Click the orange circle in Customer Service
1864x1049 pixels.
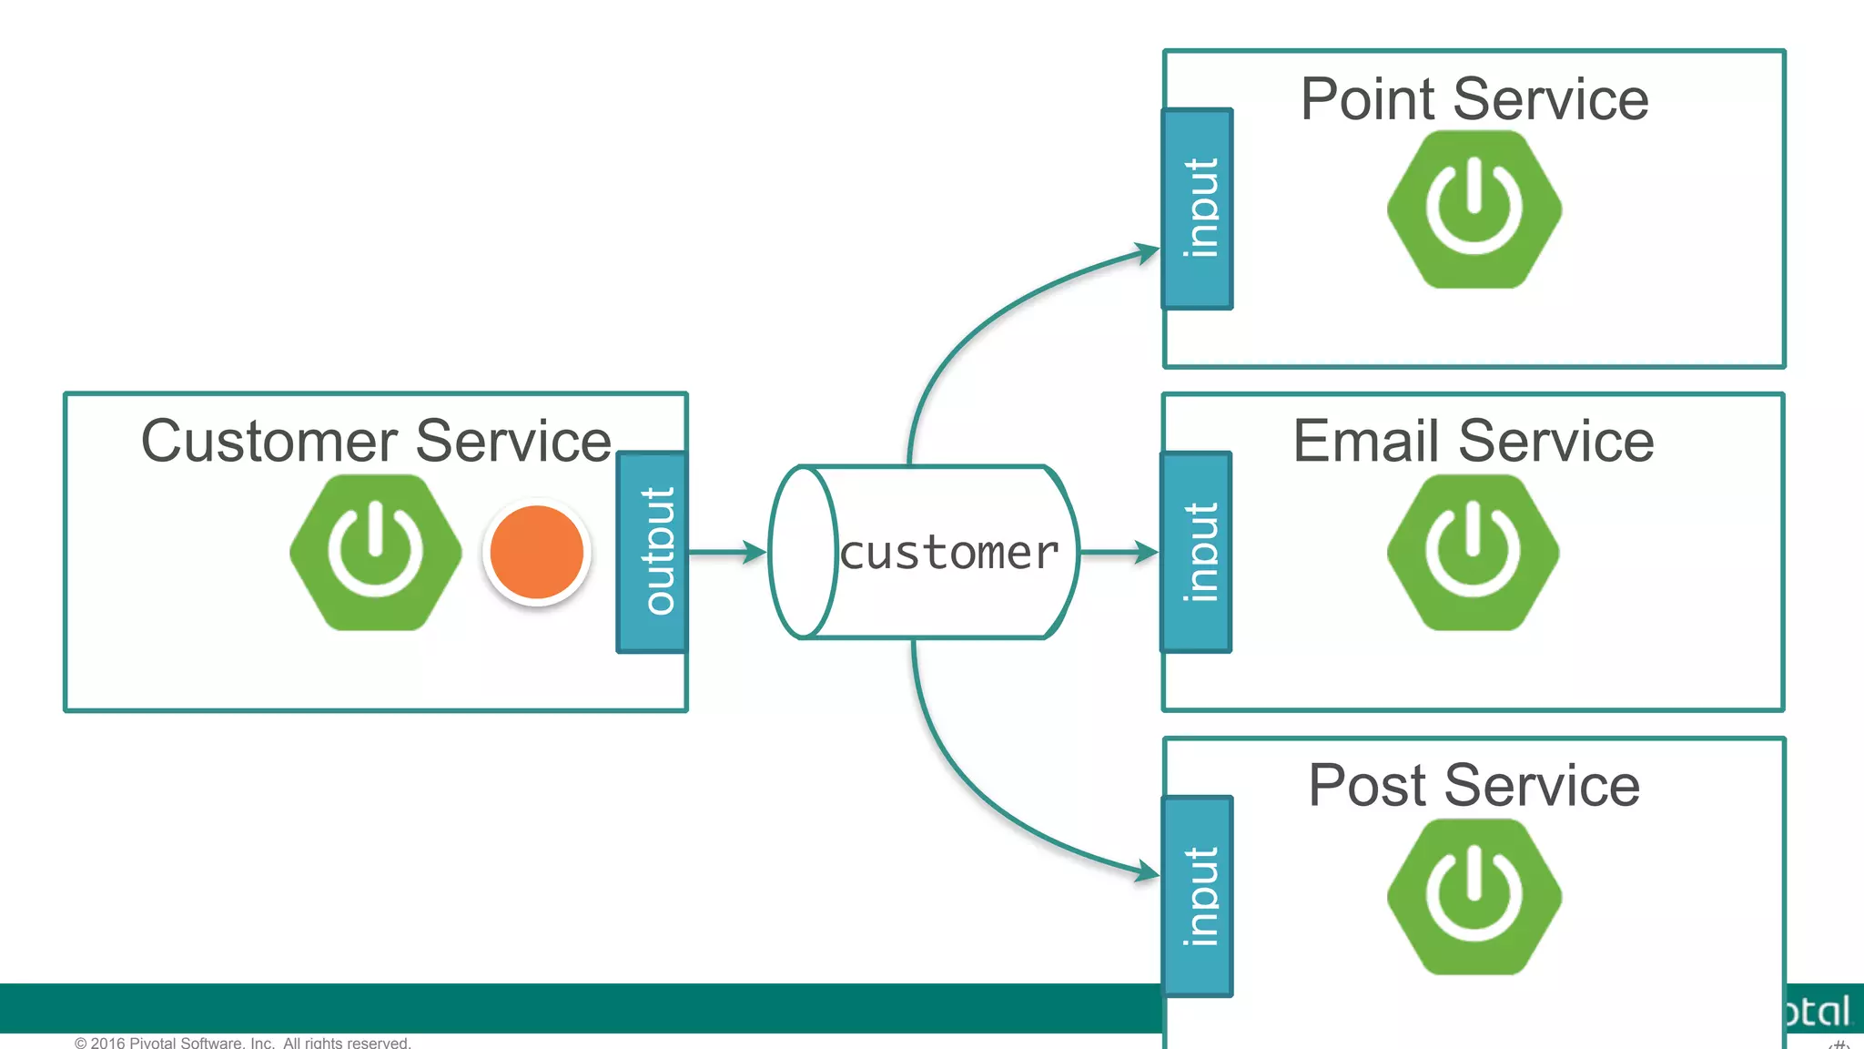pos(537,552)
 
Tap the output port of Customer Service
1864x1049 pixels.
pos(653,552)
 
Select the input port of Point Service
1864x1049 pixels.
pos(1198,209)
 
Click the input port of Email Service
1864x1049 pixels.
pos(1197,552)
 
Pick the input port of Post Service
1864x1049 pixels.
pos(1198,896)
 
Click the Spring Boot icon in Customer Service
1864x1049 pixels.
pos(375,552)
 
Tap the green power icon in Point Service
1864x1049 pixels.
pos(1474,209)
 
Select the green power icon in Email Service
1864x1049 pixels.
pos(1473,552)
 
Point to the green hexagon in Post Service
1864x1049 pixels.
pos(1474,896)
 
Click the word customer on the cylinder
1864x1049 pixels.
pos(949,554)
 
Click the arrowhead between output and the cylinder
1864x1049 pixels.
pos(755,552)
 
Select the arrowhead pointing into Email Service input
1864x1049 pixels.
pos(1147,552)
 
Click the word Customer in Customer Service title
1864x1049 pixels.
pos(269,442)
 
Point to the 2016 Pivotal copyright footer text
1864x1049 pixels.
pos(243,1042)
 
